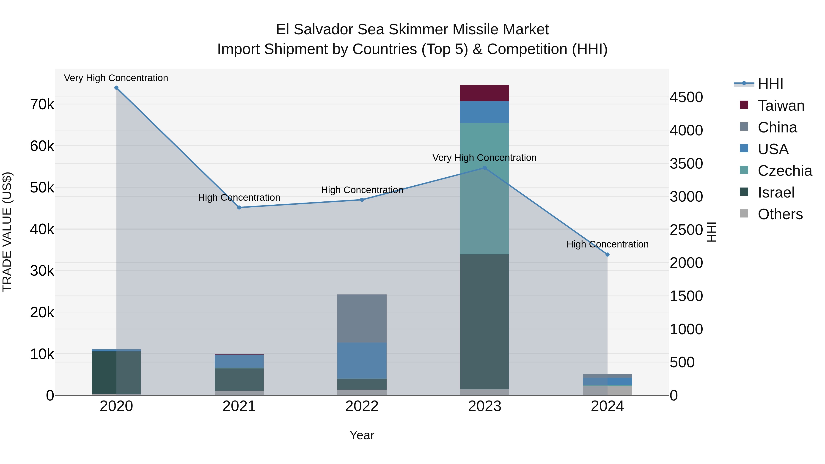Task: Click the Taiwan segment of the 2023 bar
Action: (x=484, y=93)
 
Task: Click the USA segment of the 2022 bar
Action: (x=362, y=361)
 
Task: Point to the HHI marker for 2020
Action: (x=116, y=88)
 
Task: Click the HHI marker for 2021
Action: (x=239, y=208)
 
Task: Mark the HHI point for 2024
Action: (x=607, y=255)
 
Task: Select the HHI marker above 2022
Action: (x=362, y=200)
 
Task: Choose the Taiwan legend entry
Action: (x=781, y=106)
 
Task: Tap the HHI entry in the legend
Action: (x=770, y=84)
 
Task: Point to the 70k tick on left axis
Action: (x=42, y=104)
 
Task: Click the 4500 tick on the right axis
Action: (x=686, y=97)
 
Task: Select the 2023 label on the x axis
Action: (x=484, y=406)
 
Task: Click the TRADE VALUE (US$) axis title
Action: (x=7, y=232)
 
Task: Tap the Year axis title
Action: (x=362, y=435)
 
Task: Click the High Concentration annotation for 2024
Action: (x=607, y=244)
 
